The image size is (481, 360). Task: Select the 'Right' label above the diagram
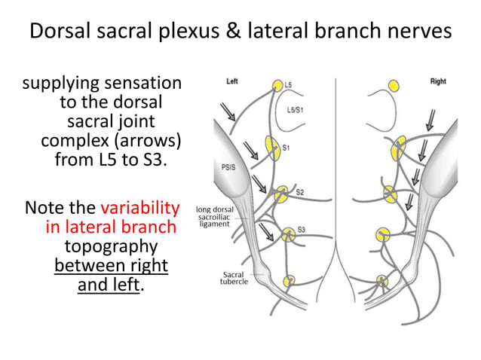[x=439, y=81]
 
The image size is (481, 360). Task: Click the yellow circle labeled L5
[x=277, y=85]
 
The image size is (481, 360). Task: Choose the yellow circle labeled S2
[x=281, y=195]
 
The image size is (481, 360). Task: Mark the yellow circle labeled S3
[x=286, y=234]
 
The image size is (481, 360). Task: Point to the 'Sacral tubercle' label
[x=230, y=279]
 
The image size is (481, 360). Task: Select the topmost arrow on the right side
[x=431, y=119]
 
